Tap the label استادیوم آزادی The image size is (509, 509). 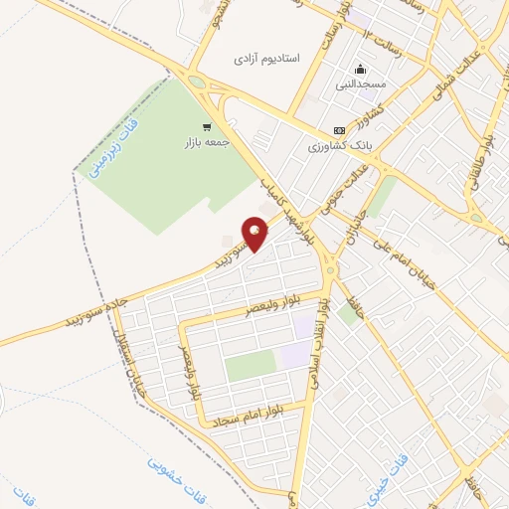click(x=265, y=59)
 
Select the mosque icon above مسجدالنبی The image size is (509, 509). click(x=359, y=70)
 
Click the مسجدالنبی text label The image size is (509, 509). click(x=359, y=86)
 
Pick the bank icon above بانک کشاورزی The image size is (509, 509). click(x=340, y=129)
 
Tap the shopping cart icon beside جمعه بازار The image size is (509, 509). click(x=207, y=126)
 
